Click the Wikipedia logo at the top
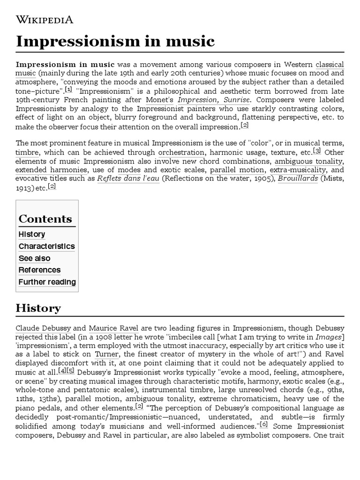coord(45,19)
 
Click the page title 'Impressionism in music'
coord(115,42)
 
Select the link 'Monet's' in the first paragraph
coord(159,100)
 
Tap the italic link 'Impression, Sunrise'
coord(214,100)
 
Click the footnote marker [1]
coord(68,89)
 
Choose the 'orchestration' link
coord(181,152)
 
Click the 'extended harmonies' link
coord(42,170)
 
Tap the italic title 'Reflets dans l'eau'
coord(128,179)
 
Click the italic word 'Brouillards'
coord(298,179)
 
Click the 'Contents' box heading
coord(45,219)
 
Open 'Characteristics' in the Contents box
coord(46,246)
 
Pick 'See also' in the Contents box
coord(34,258)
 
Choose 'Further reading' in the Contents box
coord(47,282)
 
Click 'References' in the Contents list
coord(39,270)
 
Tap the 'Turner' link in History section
coord(106,355)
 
